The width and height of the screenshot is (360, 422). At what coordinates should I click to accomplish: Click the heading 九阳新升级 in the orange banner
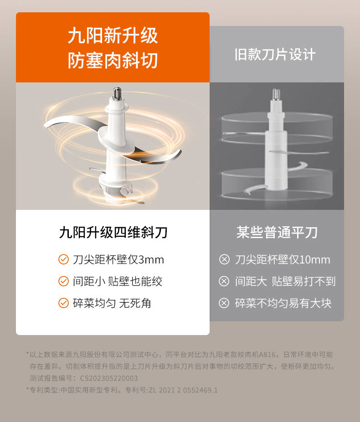coord(113,36)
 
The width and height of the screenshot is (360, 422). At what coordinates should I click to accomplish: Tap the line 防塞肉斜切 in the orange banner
coord(113,60)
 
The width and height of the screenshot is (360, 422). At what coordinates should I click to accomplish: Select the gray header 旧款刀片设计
coord(275,55)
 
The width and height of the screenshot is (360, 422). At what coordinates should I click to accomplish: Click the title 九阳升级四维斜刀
coord(113,232)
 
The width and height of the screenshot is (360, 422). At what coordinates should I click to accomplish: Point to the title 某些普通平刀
coord(277,232)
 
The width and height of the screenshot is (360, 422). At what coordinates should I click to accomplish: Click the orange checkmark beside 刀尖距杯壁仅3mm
coord(64,259)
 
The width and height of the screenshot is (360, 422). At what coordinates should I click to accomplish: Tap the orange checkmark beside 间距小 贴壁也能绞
coord(64,281)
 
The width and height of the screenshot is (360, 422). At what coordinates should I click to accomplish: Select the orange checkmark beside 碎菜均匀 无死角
coord(64,303)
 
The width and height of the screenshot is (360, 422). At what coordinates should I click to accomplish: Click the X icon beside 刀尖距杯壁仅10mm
coord(224,259)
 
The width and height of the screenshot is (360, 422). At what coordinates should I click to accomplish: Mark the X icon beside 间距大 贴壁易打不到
coord(224,281)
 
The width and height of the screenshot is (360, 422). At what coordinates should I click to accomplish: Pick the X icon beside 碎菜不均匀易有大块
coord(224,303)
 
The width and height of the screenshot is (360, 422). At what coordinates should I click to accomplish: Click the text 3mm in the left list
coord(151,260)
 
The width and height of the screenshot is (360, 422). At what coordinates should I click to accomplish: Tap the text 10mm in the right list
coord(315,260)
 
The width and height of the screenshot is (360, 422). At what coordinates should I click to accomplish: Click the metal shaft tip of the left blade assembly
coord(117,93)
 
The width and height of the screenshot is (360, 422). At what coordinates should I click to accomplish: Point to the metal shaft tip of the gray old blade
coord(276,94)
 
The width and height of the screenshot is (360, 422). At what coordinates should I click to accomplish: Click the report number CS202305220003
coord(109,378)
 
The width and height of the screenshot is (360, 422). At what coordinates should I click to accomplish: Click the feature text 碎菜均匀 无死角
coord(112,303)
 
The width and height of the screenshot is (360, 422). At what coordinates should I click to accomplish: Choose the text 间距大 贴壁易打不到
coord(285,281)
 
